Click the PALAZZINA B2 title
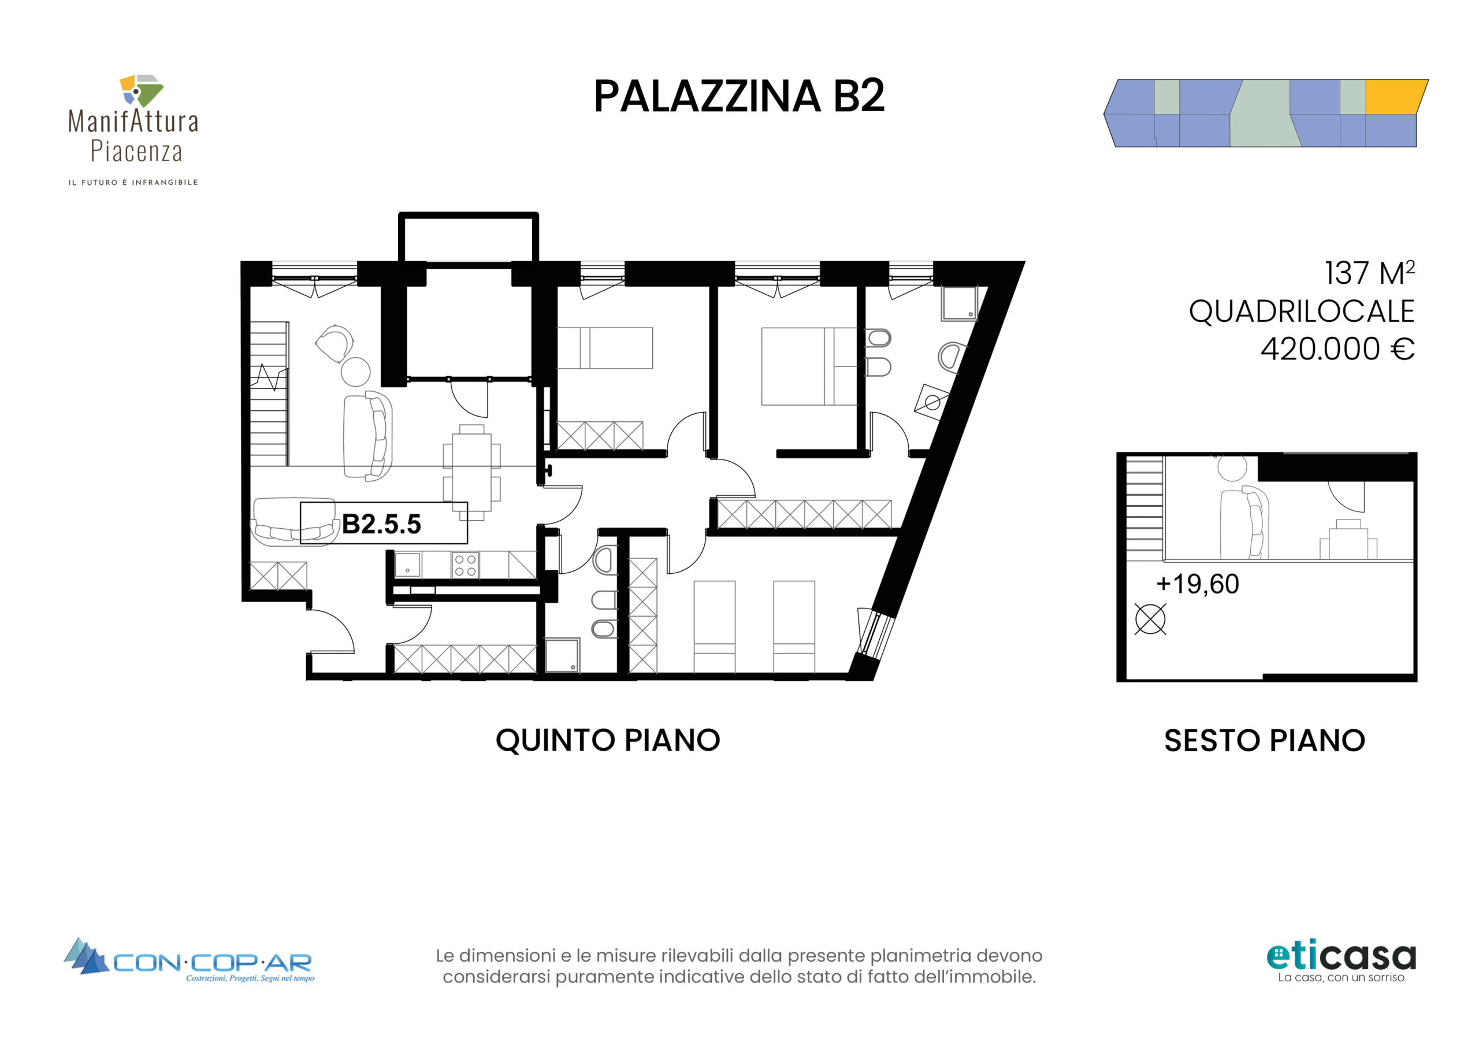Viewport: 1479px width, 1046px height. (x=739, y=96)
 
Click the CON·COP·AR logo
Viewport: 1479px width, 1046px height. (x=189, y=960)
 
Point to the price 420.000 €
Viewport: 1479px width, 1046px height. (x=1337, y=348)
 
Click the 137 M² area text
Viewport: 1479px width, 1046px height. (x=1369, y=273)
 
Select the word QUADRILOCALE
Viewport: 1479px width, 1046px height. (x=1301, y=311)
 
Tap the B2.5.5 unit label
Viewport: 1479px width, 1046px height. (x=381, y=524)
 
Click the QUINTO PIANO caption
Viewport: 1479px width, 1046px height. (x=607, y=740)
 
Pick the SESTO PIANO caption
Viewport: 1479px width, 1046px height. (x=1265, y=740)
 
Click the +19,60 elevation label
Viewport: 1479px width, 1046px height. (x=1198, y=584)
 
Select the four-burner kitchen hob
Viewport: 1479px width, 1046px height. (x=465, y=565)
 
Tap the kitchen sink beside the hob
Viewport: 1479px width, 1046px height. (x=408, y=565)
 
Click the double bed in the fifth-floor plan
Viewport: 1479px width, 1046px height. (x=809, y=366)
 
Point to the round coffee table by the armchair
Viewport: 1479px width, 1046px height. (x=355, y=372)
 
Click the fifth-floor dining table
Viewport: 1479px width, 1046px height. (x=471, y=472)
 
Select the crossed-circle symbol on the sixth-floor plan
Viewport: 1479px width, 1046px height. (x=1150, y=620)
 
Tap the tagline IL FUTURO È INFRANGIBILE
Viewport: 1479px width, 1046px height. (x=133, y=183)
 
